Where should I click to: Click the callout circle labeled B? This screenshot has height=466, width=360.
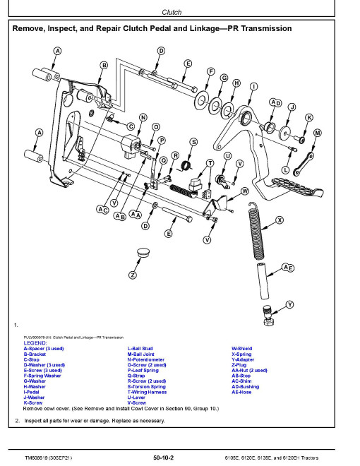pyautogui.click(x=104, y=66)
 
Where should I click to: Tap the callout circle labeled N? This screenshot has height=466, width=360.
pyautogui.click(x=143, y=117)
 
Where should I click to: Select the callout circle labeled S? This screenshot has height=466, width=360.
pyautogui.click(x=193, y=142)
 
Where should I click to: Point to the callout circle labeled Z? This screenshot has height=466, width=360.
pyautogui.click(x=133, y=275)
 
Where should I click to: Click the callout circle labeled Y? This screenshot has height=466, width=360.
pyautogui.click(x=289, y=304)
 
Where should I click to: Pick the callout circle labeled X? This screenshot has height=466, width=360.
pyautogui.click(x=280, y=220)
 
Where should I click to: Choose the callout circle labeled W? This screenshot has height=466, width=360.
pyautogui.click(x=244, y=191)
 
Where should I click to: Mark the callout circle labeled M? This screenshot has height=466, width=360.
pyautogui.click(x=317, y=133)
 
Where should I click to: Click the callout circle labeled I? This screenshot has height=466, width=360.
pyautogui.click(x=253, y=87)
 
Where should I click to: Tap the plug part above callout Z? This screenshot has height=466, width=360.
pyautogui.click(x=143, y=252)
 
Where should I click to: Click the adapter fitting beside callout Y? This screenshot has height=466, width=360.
pyautogui.click(x=268, y=316)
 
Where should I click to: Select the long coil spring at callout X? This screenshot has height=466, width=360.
pyautogui.click(x=256, y=230)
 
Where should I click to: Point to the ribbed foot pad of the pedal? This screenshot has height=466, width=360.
pyautogui.click(x=297, y=186)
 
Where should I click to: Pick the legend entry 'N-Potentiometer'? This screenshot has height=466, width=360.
pyautogui.click(x=146, y=359)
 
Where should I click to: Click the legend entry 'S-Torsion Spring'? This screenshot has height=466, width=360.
pyautogui.click(x=146, y=387)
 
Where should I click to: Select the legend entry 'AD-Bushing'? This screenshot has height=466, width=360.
pyautogui.click(x=246, y=387)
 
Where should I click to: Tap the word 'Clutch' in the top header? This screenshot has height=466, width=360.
pyautogui.click(x=172, y=12)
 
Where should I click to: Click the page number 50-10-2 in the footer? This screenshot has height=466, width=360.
pyautogui.click(x=163, y=458)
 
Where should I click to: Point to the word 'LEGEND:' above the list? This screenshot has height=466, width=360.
pyautogui.click(x=35, y=343)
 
